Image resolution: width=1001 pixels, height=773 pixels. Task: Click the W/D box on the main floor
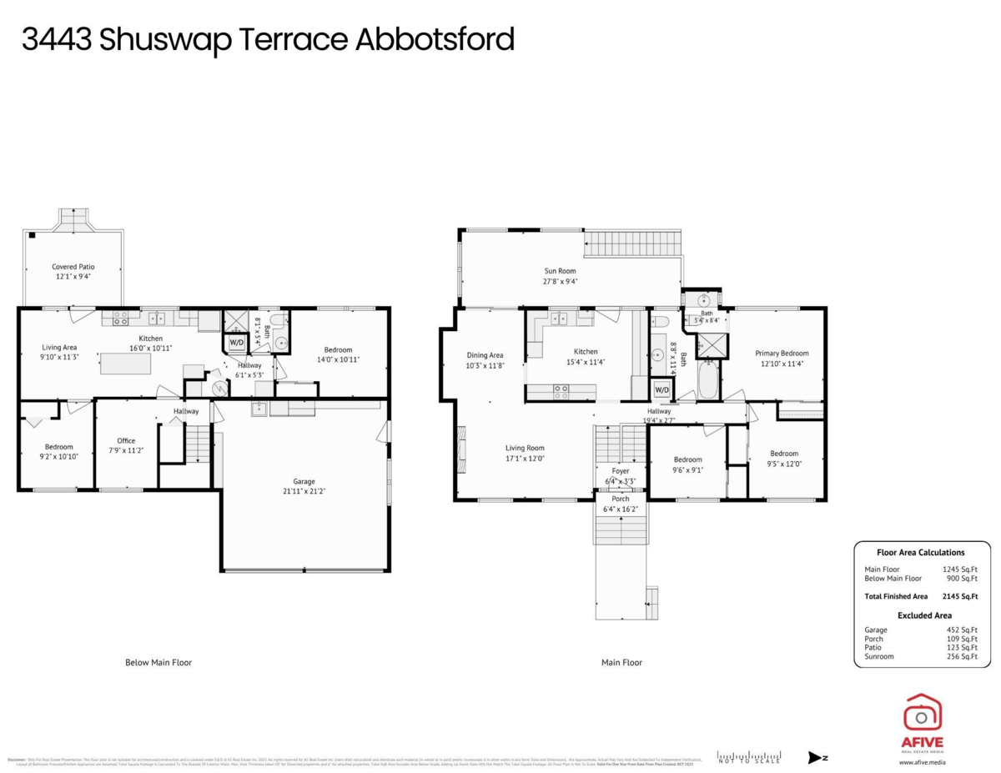661,389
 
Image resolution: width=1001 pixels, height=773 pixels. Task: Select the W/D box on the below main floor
236,343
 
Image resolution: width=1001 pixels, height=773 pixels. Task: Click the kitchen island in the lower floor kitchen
127,363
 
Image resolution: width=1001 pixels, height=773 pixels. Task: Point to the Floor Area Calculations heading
920,552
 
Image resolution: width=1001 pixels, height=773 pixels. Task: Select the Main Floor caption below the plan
621,662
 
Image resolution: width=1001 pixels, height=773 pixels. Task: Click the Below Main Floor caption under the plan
158,662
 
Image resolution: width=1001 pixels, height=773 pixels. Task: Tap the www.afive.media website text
922,761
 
